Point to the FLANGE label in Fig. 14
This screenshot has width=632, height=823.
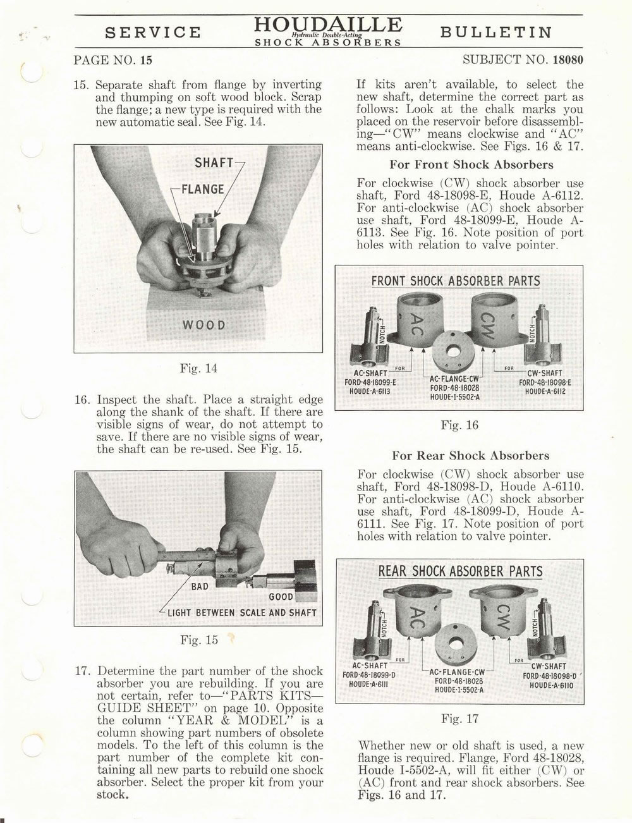pyautogui.click(x=202, y=189)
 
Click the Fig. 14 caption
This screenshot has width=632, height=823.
pyautogui.click(x=198, y=368)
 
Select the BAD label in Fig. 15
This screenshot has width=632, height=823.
pyautogui.click(x=200, y=586)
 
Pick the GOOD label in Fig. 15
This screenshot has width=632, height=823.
pyautogui.click(x=281, y=597)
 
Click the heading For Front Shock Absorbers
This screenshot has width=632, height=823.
pyautogui.click(x=471, y=165)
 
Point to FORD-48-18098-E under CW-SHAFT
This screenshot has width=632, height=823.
pyautogui.click(x=545, y=382)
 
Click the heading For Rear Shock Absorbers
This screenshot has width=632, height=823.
pyautogui.click(x=471, y=455)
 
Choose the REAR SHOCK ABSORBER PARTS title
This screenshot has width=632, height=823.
pyautogui.click(x=459, y=571)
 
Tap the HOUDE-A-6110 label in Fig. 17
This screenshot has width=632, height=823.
pyautogui.click(x=552, y=685)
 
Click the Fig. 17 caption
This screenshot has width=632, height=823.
pyautogui.click(x=459, y=719)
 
